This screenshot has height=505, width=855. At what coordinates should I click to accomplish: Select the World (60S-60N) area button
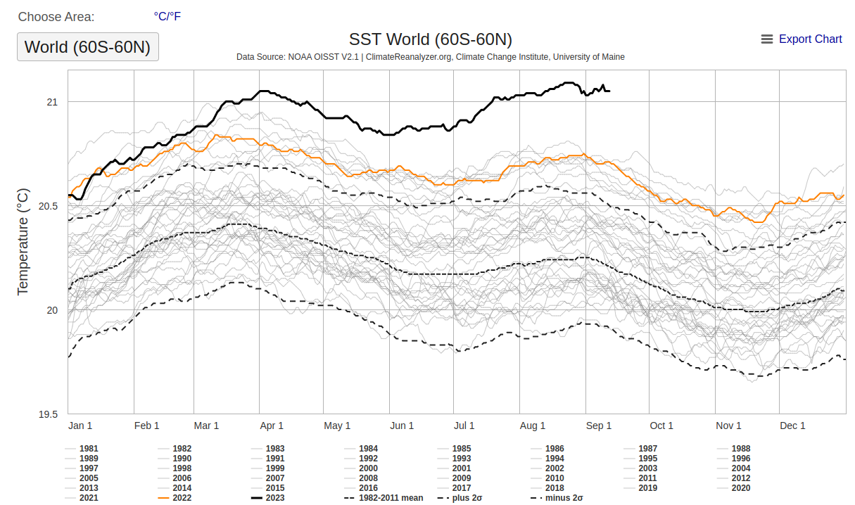point(88,47)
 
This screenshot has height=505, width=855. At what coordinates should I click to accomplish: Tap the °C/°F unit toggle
point(167,16)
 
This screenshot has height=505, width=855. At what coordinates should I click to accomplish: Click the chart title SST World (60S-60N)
point(430,39)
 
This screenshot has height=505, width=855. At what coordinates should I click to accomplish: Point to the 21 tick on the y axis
point(52,102)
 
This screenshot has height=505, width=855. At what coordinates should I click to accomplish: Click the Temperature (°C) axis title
point(23,241)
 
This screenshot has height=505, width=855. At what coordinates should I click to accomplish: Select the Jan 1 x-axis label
point(80,426)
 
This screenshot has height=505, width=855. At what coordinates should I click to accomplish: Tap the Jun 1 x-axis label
point(402,426)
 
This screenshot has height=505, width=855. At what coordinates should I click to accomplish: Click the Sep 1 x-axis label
point(599,426)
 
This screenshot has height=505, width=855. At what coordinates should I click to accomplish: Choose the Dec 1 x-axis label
point(792,426)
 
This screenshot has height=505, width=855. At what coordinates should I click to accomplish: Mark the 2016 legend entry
point(368,488)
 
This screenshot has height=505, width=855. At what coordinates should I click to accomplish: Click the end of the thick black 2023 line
point(609,91)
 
